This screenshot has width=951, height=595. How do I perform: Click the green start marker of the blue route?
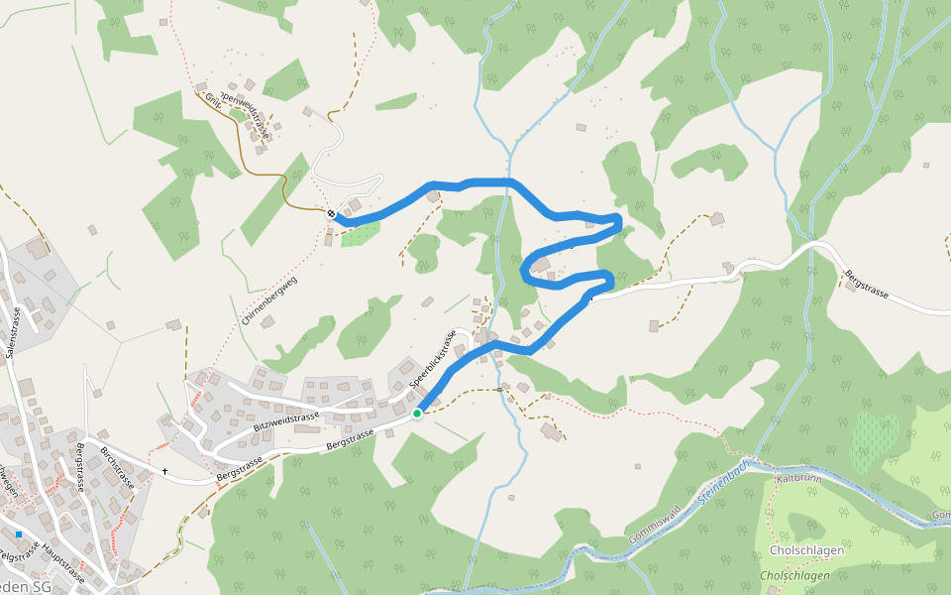[417, 413]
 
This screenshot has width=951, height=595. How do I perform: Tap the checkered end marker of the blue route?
[331, 213]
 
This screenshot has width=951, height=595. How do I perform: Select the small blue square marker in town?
[18, 535]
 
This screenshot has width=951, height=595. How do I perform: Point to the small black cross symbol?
[164, 471]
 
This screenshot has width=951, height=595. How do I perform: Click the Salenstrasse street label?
[13, 331]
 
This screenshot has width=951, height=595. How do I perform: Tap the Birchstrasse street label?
[117, 467]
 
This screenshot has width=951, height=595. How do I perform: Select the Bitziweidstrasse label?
[287, 422]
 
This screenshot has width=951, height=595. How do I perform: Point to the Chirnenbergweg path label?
[268, 300]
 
